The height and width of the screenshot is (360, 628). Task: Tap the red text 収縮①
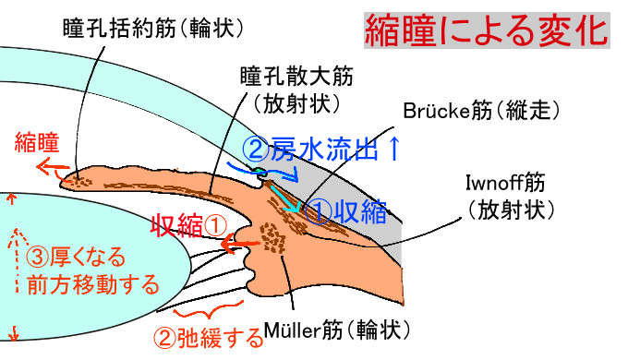click(x=189, y=222)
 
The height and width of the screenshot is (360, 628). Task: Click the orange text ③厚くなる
click(x=74, y=256)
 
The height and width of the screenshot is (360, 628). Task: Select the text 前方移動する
click(x=88, y=284)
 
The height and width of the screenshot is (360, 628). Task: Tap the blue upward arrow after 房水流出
click(x=394, y=148)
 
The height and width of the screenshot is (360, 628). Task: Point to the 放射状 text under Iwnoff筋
click(x=511, y=211)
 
